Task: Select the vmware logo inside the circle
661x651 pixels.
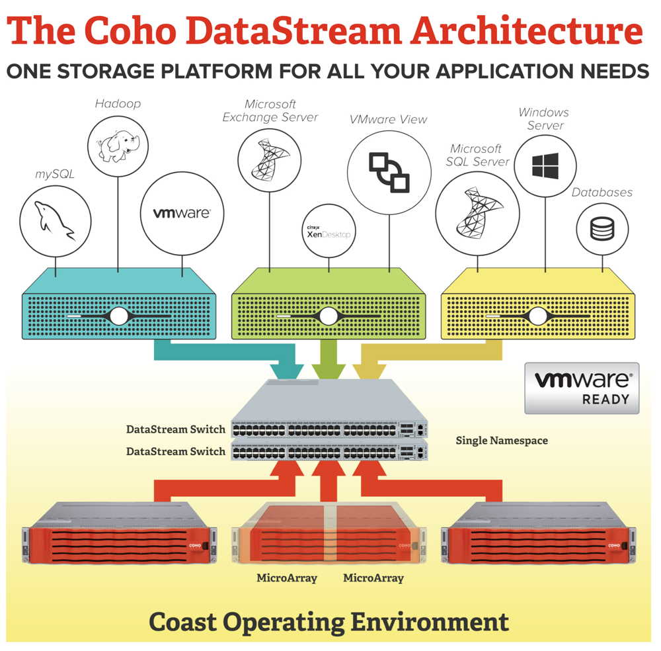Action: point(182,214)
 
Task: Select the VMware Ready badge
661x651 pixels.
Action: point(582,388)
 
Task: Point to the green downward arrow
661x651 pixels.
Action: point(324,361)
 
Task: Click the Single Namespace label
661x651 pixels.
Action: point(502,440)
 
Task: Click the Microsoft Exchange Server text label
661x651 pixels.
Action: point(270,110)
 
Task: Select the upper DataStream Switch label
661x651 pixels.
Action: point(175,429)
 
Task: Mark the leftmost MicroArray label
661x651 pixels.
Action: point(287,578)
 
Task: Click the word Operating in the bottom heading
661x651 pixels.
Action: point(347,622)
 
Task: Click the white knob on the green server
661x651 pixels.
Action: point(328,316)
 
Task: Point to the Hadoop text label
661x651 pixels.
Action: point(118,104)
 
